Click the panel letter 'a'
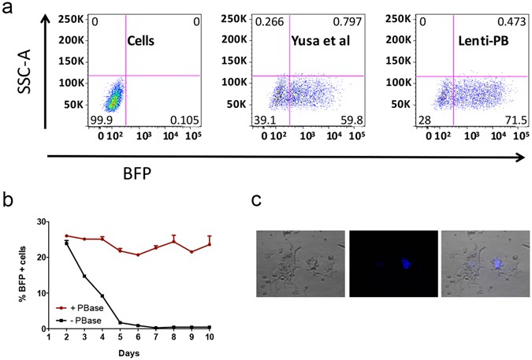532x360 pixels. (x=8, y=9)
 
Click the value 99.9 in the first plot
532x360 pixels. (x=99, y=119)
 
